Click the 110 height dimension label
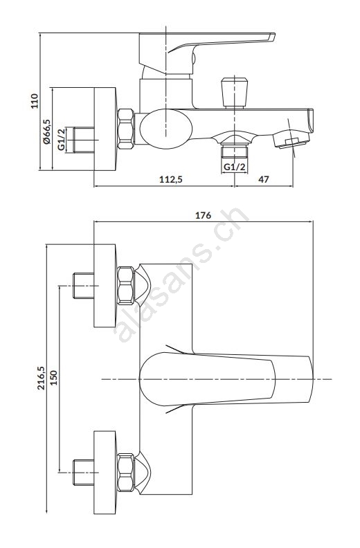pos(35,101)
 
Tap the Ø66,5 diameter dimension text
pos(46,131)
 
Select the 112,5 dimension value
pos(171,179)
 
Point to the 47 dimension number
pos(264,179)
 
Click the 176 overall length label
pos(204,215)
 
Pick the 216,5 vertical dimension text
pos(42,378)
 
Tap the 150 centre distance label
pos(53,378)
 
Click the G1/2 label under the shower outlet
pos(235,167)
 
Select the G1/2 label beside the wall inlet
pos(62,140)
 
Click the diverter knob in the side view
pos(235,93)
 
